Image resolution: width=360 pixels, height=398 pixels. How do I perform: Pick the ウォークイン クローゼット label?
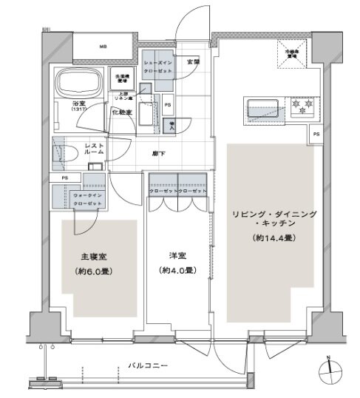(x=86, y=199)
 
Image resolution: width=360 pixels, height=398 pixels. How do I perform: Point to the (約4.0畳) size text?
(x=177, y=271)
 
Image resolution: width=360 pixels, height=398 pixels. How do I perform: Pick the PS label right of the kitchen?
(x=316, y=134)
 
